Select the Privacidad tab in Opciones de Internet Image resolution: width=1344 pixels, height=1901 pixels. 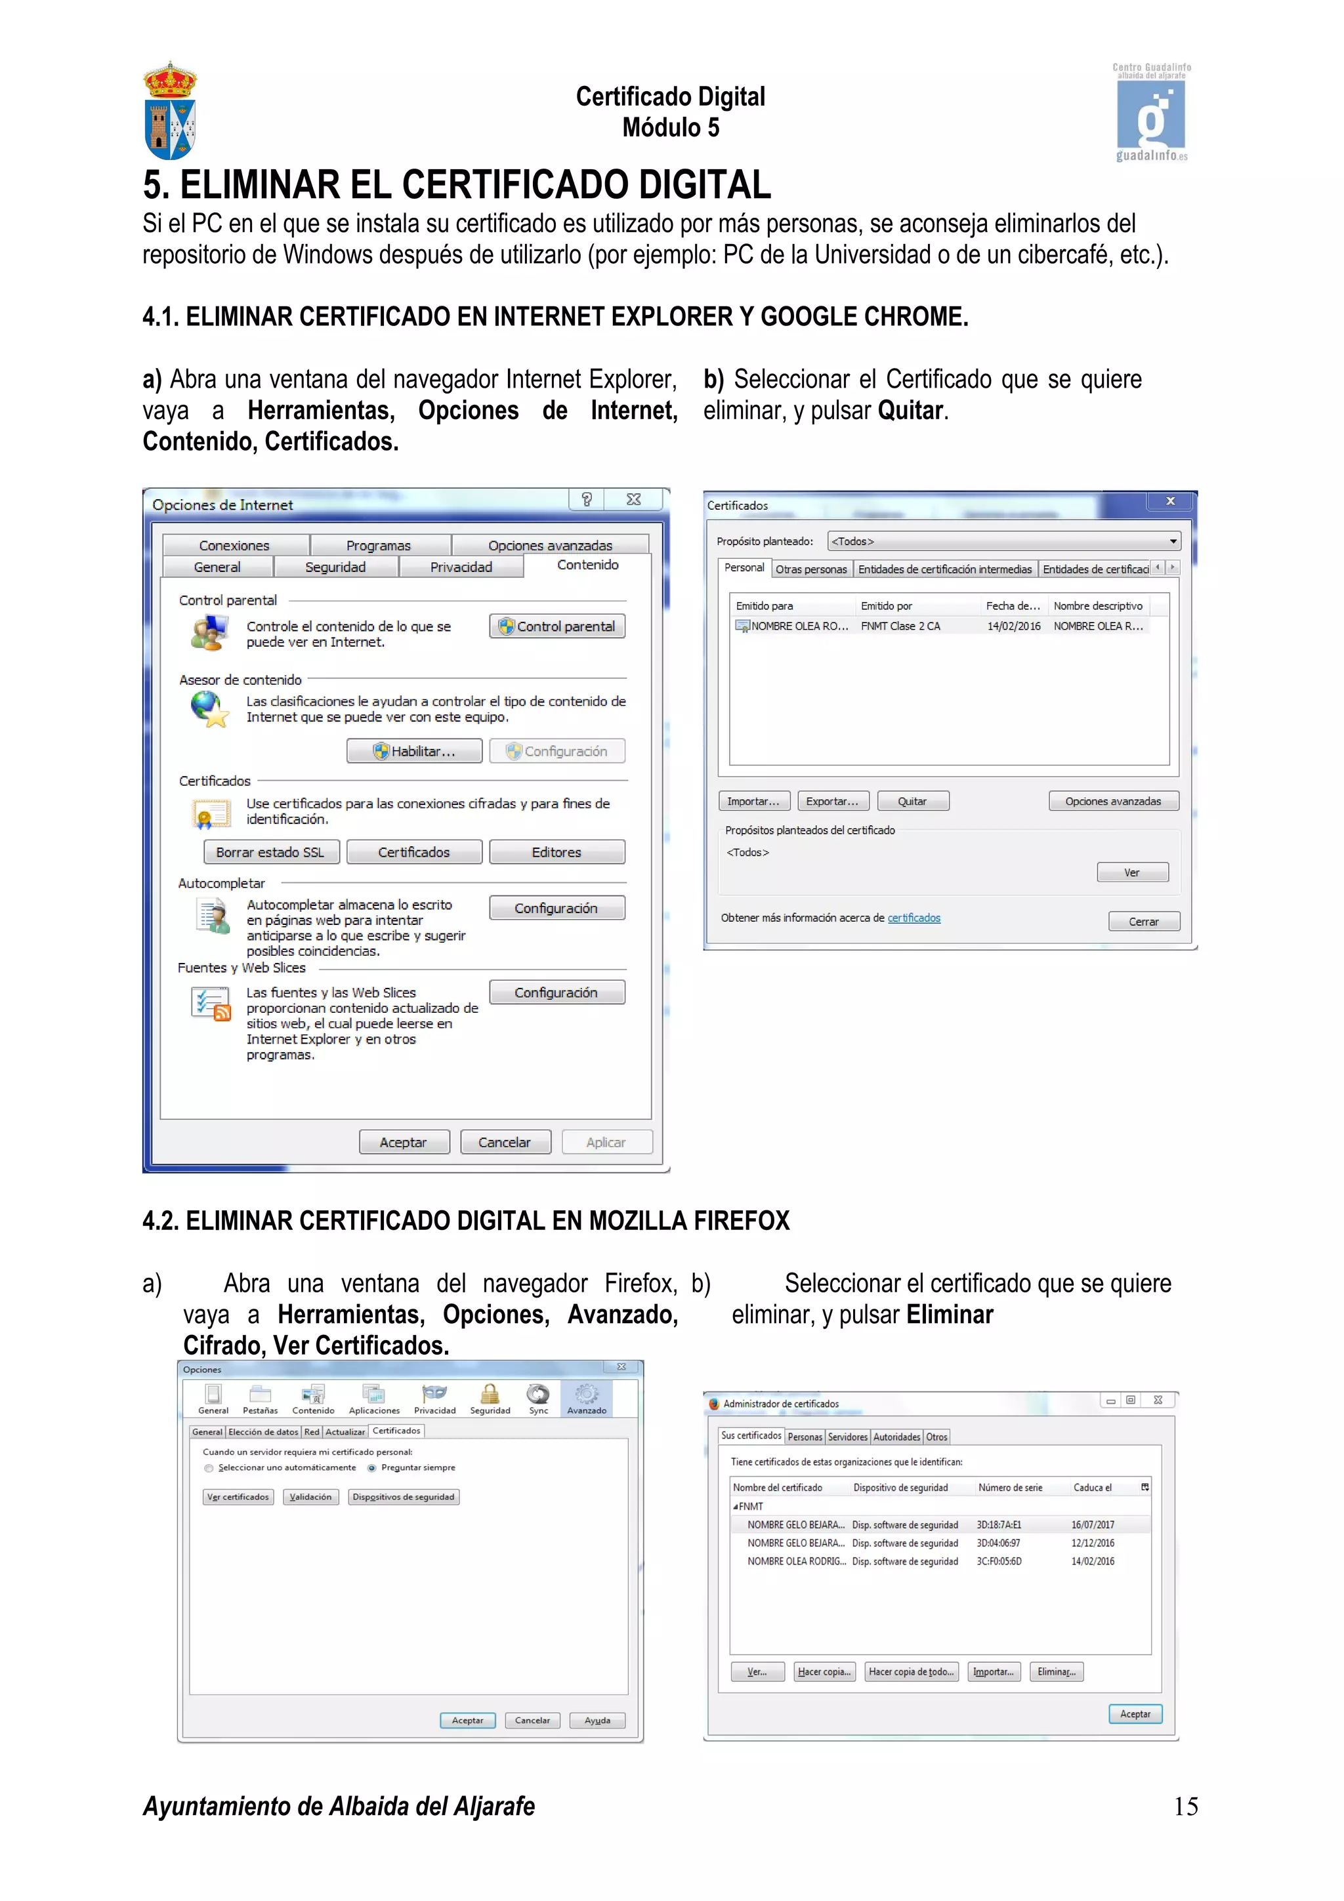(x=461, y=567)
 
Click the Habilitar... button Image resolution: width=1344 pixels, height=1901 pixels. (x=414, y=751)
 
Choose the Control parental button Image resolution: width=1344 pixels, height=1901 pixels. (x=557, y=626)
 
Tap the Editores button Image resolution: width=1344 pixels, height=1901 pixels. (x=556, y=852)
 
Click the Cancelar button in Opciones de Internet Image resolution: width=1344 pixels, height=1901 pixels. (x=504, y=1142)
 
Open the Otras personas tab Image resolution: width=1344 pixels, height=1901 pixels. (x=810, y=569)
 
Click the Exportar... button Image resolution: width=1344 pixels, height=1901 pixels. (x=832, y=801)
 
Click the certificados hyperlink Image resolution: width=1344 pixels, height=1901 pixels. (x=913, y=918)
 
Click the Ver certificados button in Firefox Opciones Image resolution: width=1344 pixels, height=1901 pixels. (x=238, y=1497)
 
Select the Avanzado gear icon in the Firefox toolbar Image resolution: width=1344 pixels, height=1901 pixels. (x=586, y=1395)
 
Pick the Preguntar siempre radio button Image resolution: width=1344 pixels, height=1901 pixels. (x=372, y=1468)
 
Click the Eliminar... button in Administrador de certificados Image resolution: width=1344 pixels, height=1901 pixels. (x=1056, y=1671)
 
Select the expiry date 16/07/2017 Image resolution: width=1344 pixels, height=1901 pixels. (x=1092, y=1524)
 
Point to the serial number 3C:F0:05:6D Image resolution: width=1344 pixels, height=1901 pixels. (x=999, y=1561)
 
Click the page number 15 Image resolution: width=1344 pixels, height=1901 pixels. (x=1185, y=1806)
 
